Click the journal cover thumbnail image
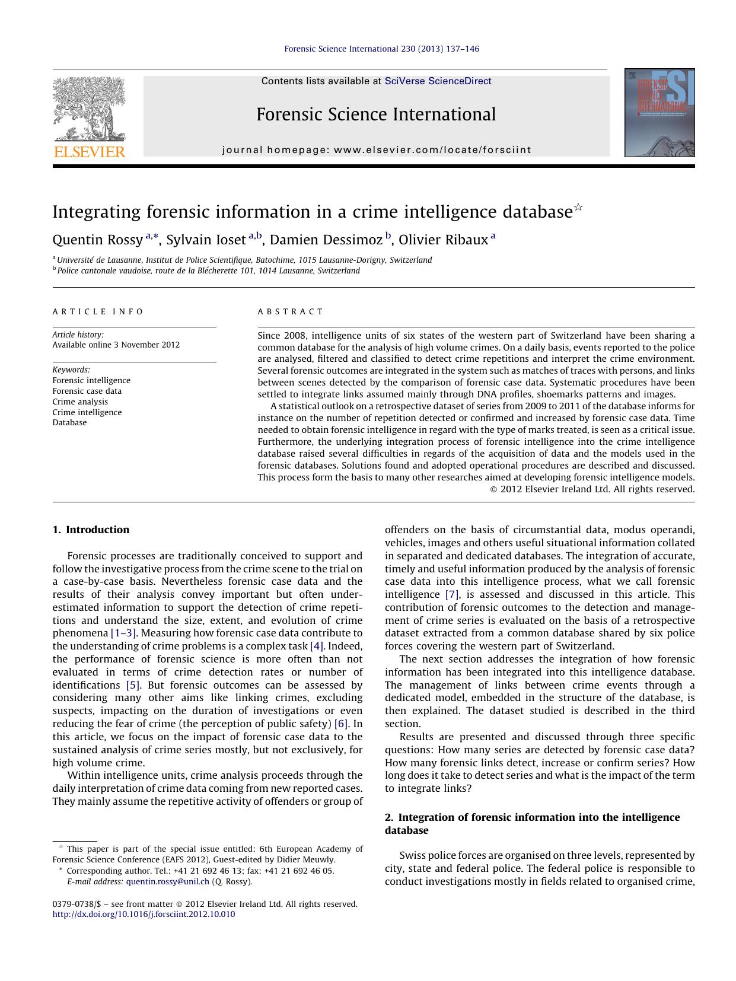pyautogui.click(x=659, y=113)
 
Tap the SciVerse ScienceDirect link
pyautogui.click(x=438, y=81)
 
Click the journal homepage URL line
pyautogui.click(x=377, y=150)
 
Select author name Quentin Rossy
pyautogui.click(x=98, y=240)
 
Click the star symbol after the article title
pyautogui.click(x=578, y=208)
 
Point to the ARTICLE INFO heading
pyautogui.click(x=98, y=311)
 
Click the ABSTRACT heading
pyautogui.click(x=291, y=311)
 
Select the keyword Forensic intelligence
pyautogui.click(x=91, y=380)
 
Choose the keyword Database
pyautogui.click(x=69, y=422)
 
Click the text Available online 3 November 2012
pyautogui.click(x=116, y=345)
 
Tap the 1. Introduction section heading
pyautogui.click(x=91, y=530)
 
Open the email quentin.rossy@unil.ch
pyautogui.click(x=168, y=881)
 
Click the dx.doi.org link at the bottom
pyautogui.click(x=144, y=914)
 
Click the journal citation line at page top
pyautogui.click(x=381, y=49)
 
